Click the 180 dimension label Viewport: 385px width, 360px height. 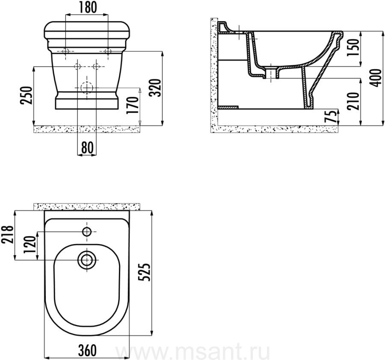[x=88, y=7]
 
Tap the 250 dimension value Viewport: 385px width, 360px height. [x=27, y=95]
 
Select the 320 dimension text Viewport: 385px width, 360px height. [x=156, y=88]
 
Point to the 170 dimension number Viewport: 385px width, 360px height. [x=132, y=105]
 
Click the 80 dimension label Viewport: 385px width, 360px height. [x=87, y=148]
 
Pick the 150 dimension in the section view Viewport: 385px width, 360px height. [x=353, y=47]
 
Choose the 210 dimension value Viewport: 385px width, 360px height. [x=353, y=101]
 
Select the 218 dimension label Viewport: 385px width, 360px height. [x=7, y=235]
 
